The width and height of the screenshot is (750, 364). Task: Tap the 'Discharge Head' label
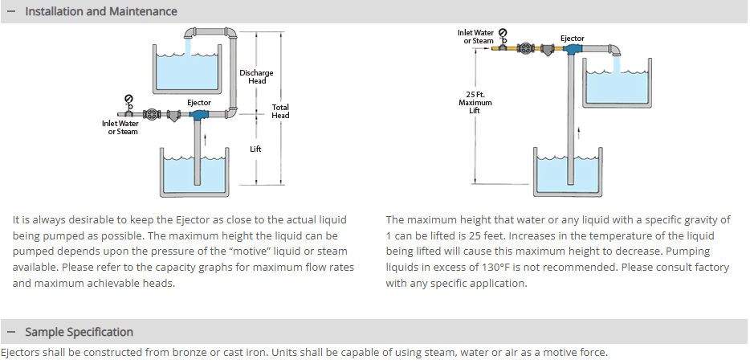tap(256, 76)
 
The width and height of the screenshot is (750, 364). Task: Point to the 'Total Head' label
tap(280, 111)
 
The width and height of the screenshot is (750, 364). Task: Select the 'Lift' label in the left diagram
tap(255, 149)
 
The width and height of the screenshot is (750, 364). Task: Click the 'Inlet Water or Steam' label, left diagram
tap(120, 127)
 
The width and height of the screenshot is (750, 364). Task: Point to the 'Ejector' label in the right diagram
tap(573, 38)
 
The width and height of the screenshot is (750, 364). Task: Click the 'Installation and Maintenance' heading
tap(101, 11)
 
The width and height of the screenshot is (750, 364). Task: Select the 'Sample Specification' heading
tap(79, 332)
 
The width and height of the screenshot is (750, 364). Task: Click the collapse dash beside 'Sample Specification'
tap(11, 332)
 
